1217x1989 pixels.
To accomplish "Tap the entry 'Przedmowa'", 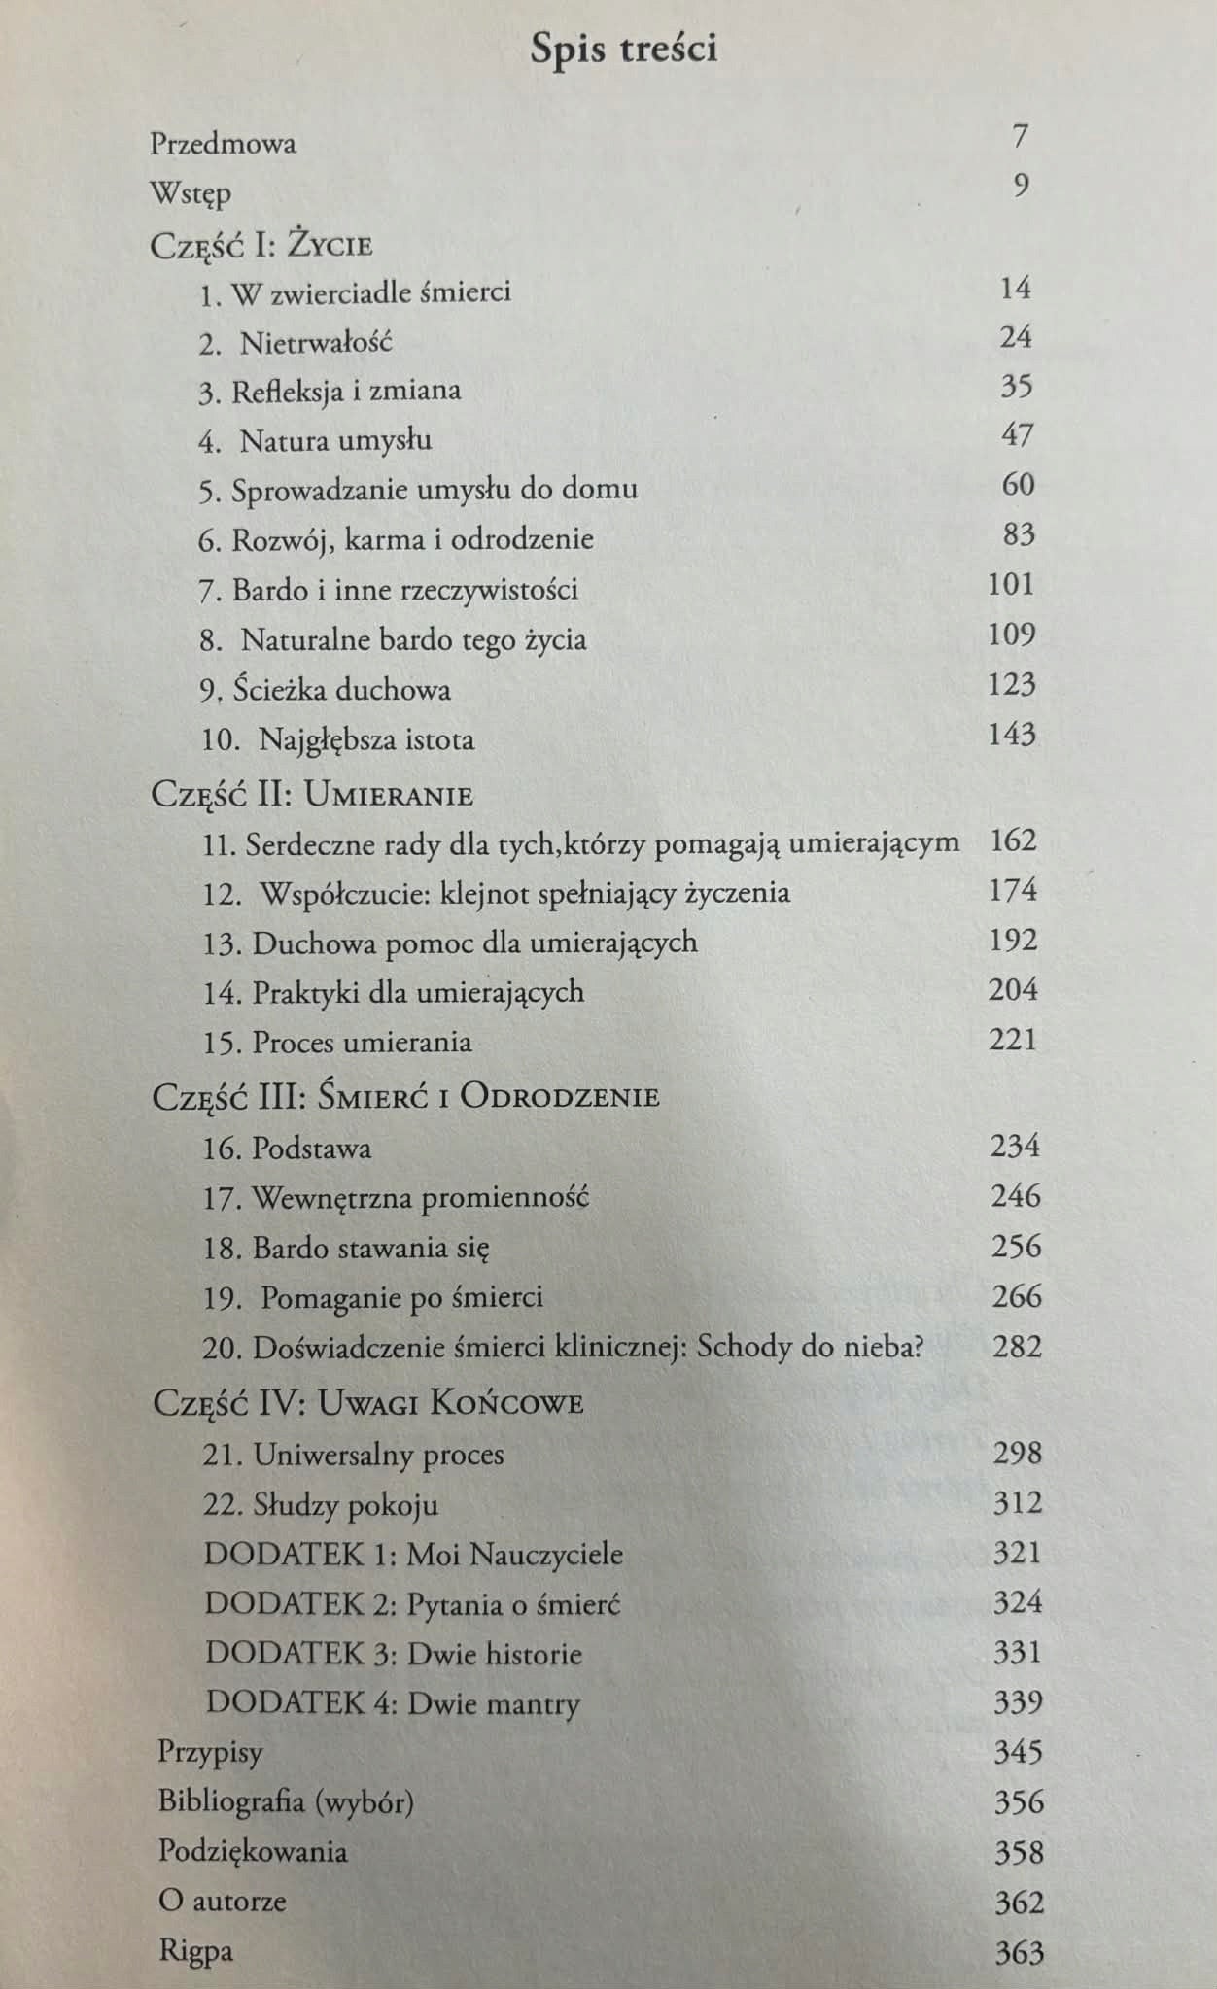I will pyautogui.click(x=223, y=144).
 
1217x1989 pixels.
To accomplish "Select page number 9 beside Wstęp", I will pyautogui.click(x=1020, y=185).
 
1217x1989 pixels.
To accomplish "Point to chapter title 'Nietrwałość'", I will pyautogui.click(x=316, y=343).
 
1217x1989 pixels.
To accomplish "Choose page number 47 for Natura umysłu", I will pyautogui.click(x=1017, y=435).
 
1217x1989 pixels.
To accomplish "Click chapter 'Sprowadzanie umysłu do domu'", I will pyautogui.click(x=434, y=488).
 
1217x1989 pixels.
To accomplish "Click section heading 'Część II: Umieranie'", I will pyautogui.click(x=312, y=795).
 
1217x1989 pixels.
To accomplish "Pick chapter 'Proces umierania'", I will pyautogui.click(x=362, y=1043).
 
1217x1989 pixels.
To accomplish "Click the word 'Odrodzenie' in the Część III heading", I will pyautogui.click(x=559, y=1096).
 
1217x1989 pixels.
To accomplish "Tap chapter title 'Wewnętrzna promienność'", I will pyautogui.click(x=420, y=1197).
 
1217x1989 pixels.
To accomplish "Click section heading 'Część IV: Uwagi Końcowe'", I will pyautogui.click(x=368, y=1402).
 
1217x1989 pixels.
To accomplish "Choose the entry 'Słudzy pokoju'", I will pyautogui.click(x=345, y=1505).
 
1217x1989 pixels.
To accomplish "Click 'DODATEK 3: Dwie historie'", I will pyautogui.click(x=394, y=1654).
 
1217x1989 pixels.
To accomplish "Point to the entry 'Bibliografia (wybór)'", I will pyautogui.click(x=286, y=1802).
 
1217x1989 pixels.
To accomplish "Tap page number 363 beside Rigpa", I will pyautogui.click(x=1019, y=1952).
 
